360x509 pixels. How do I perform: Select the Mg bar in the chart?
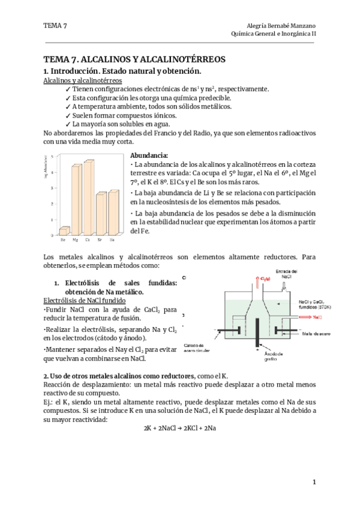[76, 199]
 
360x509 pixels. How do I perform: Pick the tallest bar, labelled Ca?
[89, 198]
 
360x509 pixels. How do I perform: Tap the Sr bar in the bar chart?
[101, 214]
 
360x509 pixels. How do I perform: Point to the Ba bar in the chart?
[113, 214]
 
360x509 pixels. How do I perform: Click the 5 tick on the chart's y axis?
[53, 157]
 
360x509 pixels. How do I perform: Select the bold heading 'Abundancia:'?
[149, 154]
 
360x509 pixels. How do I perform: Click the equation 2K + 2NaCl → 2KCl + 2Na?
[179, 429]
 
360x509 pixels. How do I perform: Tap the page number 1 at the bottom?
[314, 483]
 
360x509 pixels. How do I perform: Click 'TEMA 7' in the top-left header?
[55, 25]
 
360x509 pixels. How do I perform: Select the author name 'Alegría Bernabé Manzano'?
[281, 25]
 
